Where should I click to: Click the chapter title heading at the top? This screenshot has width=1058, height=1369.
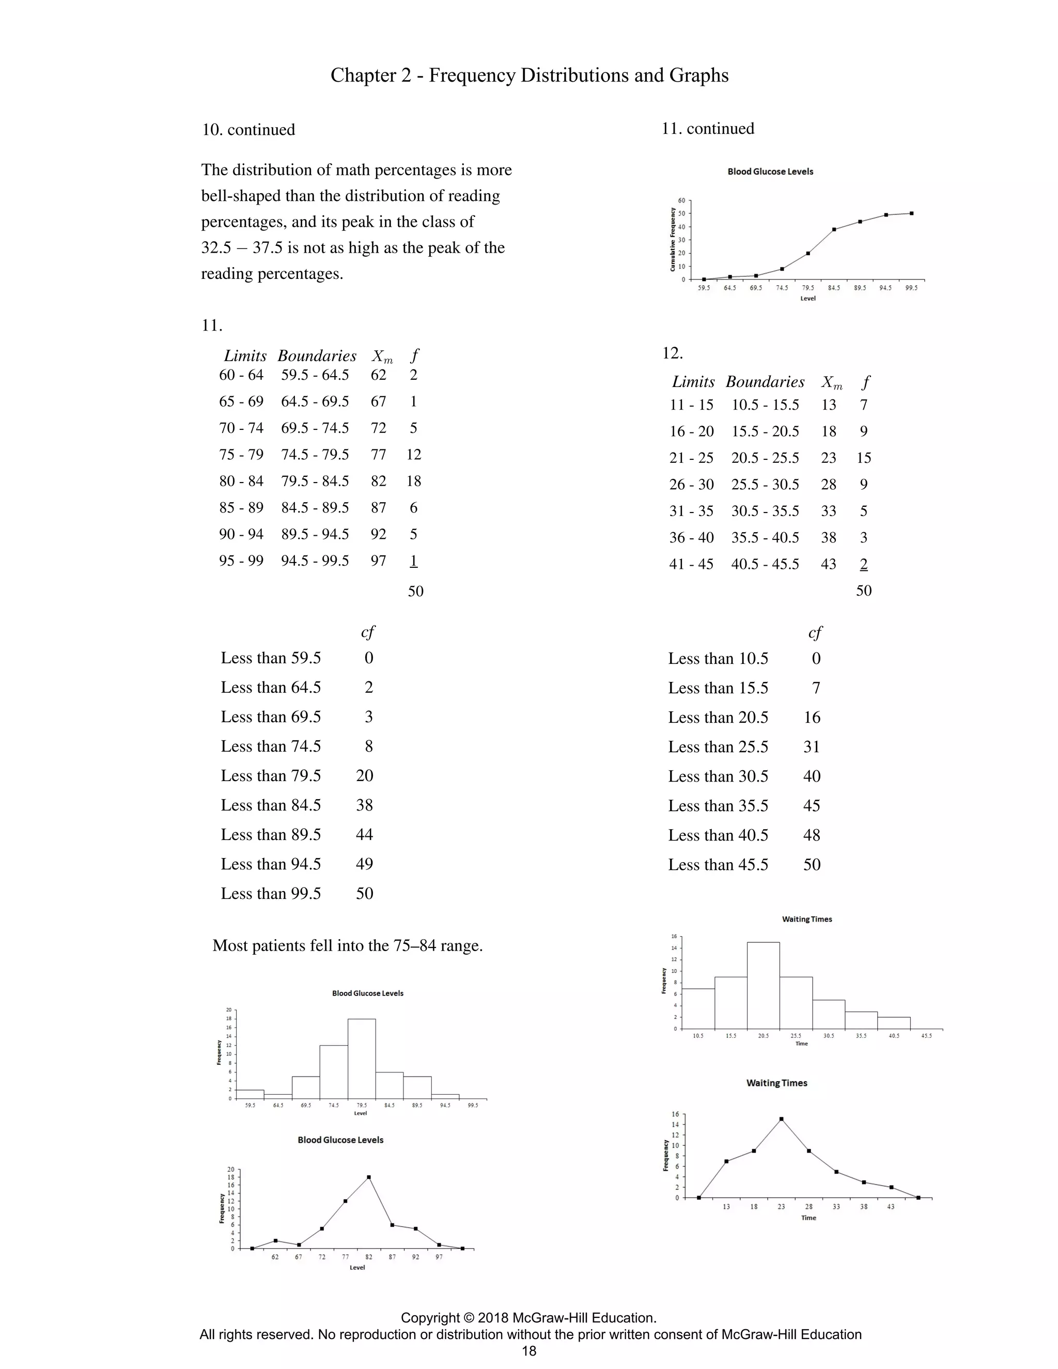(529, 75)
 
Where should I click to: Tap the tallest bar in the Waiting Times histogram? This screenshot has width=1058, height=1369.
(764, 985)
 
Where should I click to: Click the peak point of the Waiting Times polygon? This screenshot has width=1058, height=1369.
(781, 1119)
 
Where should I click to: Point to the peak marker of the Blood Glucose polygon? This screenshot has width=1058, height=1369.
(368, 1177)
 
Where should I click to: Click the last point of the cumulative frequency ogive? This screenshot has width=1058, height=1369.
(911, 213)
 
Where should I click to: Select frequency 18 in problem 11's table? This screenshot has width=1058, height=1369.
(414, 481)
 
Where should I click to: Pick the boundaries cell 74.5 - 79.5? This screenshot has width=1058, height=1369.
(315, 455)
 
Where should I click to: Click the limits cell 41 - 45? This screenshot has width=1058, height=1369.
(691, 564)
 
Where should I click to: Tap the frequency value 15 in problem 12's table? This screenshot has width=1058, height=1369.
(864, 458)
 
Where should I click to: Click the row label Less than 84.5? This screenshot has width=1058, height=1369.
(271, 805)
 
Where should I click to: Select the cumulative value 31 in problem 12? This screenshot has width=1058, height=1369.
(812, 746)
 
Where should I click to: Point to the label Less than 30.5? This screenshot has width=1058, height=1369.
(718, 776)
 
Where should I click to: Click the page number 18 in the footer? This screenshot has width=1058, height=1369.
(529, 1351)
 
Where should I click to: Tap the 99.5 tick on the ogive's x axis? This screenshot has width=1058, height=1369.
(911, 288)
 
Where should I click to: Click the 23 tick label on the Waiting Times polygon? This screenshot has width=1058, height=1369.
(781, 1207)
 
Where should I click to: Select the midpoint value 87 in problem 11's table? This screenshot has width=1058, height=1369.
(378, 508)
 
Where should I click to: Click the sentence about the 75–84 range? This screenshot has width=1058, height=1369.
(348, 945)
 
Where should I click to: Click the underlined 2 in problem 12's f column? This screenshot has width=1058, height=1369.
(864, 564)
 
